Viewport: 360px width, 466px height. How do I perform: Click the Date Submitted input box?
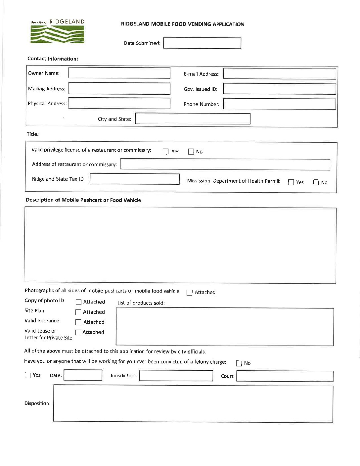[202, 43]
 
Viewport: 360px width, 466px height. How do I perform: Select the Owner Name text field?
[119, 73]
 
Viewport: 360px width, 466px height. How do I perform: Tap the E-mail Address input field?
[280, 74]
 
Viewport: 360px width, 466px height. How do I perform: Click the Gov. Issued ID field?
[280, 89]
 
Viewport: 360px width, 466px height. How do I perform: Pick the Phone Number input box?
[280, 104]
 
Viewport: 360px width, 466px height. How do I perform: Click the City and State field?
[193, 119]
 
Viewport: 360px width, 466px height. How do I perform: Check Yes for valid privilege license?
[166, 152]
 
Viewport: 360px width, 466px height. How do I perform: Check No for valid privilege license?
[191, 152]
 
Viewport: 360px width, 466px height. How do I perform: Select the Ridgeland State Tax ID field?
[135, 179]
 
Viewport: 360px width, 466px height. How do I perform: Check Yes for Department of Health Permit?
[291, 182]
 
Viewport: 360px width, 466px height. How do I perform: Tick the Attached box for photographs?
[190, 293]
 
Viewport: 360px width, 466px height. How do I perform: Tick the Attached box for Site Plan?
[78, 312]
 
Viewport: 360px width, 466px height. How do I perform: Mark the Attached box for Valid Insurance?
[78, 322]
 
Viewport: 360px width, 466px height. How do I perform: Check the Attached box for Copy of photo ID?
[78, 302]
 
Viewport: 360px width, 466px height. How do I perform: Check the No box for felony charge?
[239, 363]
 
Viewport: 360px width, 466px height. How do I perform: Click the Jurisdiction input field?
[176, 376]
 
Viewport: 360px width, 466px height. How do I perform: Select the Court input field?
[285, 376]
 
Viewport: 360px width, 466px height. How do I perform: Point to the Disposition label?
[37, 403]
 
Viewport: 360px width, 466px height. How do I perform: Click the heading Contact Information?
[53, 59]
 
